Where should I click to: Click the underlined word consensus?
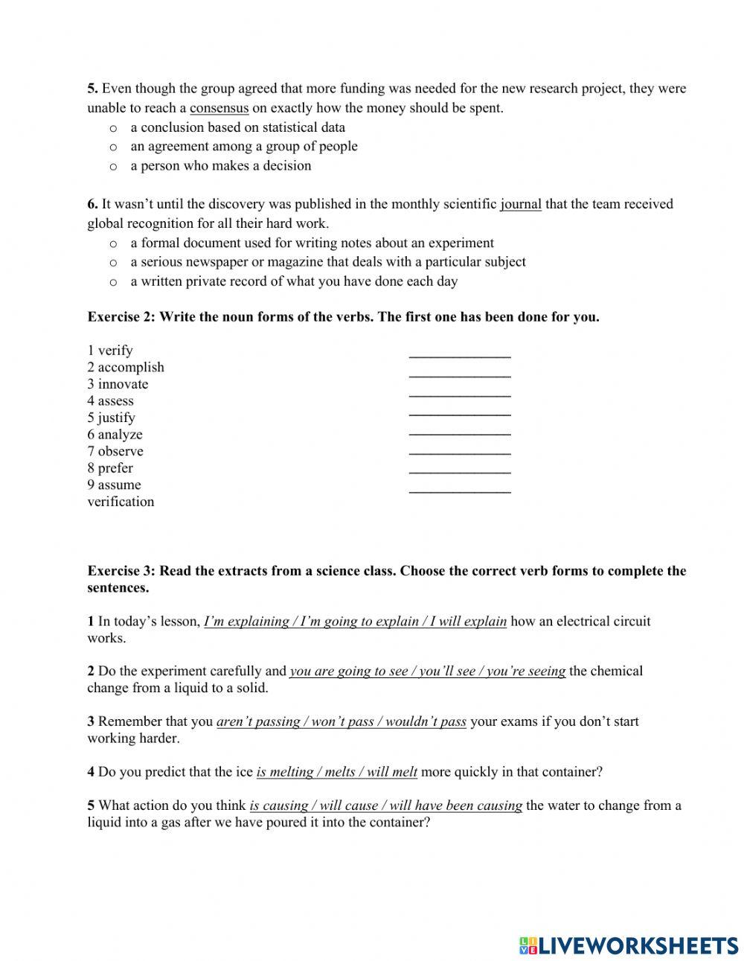(x=219, y=108)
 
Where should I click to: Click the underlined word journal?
(x=521, y=204)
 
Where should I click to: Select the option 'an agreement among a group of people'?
(x=243, y=147)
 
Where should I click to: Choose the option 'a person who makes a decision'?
(x=220, y=166)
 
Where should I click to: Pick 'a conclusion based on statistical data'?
(x=237, y=127)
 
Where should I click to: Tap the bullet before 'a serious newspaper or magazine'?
(x=113, y=263)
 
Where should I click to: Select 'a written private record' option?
(x=294, y=281)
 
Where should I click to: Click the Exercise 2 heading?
(x=343, y=317)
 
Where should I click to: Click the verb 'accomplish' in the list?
(x=130, y=367)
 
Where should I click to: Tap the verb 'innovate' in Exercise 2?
(x=123, y=384)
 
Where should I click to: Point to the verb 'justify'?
(x=116, y=418)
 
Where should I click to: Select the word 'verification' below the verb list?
(x=121, y=502)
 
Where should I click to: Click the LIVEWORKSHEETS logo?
(x=628, y=945)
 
